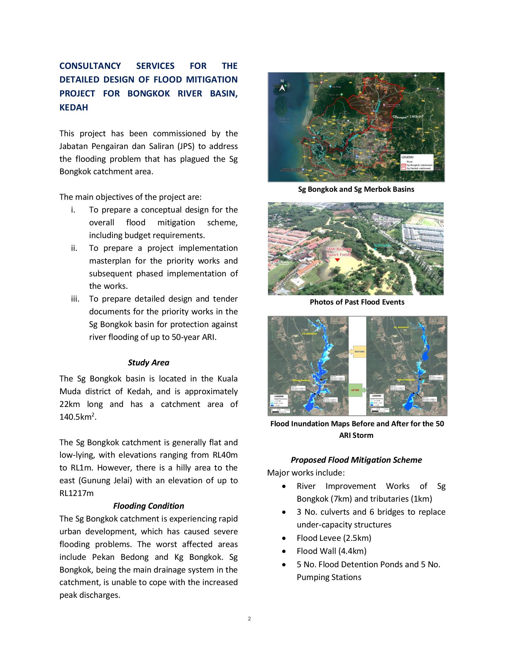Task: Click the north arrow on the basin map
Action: [x=282, y=86]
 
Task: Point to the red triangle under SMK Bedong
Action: [x=337, y=260]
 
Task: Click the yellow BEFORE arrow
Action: [x=357, y=351]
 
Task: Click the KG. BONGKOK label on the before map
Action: [x=309, y=333]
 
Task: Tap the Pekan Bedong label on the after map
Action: [x=406, y=380]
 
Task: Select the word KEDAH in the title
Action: [x=74, y=107]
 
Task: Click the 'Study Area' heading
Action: [x=149, y=362]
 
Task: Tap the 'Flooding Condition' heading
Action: [x=149, y=505]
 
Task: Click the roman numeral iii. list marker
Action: [x=75, y=299]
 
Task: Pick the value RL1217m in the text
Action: [x=77, y=493]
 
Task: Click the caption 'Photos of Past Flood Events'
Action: [x=356, y=302]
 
